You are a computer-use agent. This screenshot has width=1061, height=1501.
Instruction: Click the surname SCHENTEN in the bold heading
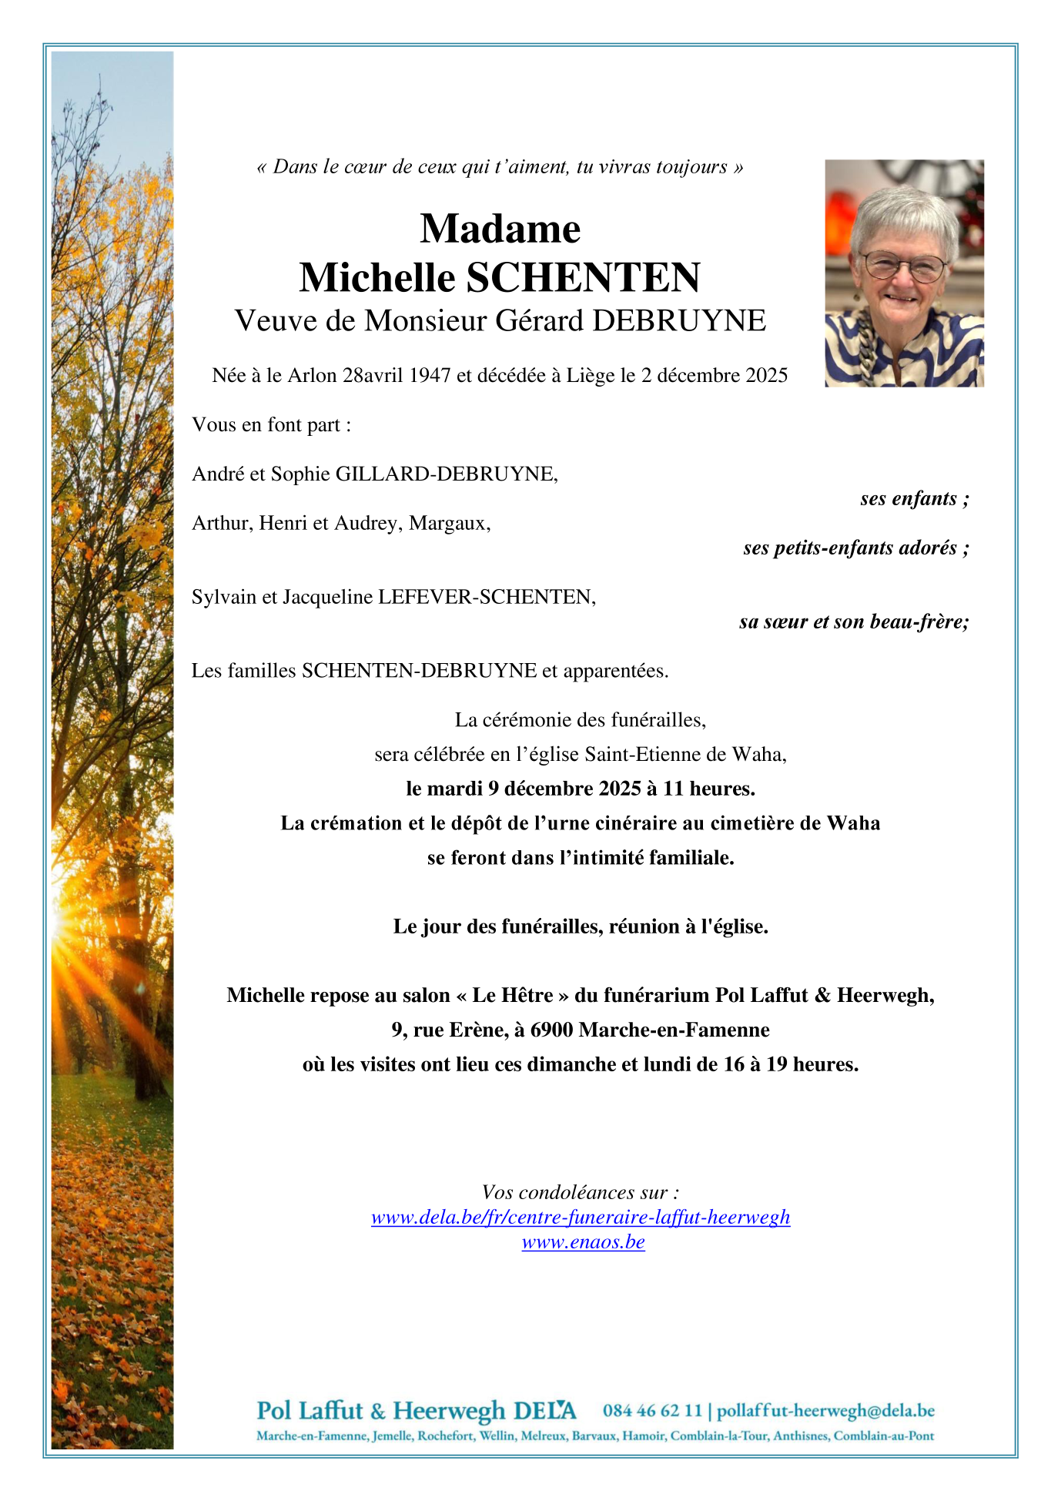click(x=583, y=278)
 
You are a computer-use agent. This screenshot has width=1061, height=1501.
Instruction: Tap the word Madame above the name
click(x=500, y=229)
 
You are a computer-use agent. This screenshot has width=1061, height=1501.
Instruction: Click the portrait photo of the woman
click(x=904, y=273)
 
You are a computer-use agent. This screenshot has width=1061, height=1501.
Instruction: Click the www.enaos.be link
click(x=583, y=1242)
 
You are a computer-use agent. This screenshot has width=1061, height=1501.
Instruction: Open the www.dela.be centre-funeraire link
click(x=581, y=1218)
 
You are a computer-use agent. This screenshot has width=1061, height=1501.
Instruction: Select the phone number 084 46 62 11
click(x=652, y=1411)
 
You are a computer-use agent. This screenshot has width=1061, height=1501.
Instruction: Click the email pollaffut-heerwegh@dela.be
click(x=825, y=1411)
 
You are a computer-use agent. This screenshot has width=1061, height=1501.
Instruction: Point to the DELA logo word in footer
click(x=544, y=1411)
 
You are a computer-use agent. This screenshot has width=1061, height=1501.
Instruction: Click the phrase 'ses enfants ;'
click(x=914, y=499)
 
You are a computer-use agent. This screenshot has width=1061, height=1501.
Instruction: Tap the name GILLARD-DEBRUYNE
click(x=446, y=474)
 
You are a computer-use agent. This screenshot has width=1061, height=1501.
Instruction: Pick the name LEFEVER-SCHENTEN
click(x=486, y=598)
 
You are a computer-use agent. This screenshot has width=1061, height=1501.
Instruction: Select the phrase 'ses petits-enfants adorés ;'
click(x=855, y=548)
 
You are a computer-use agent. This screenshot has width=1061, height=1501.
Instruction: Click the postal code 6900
click(x=552, y=1030)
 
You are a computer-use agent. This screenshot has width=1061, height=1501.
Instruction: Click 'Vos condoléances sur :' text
click(x=581, y=1193)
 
